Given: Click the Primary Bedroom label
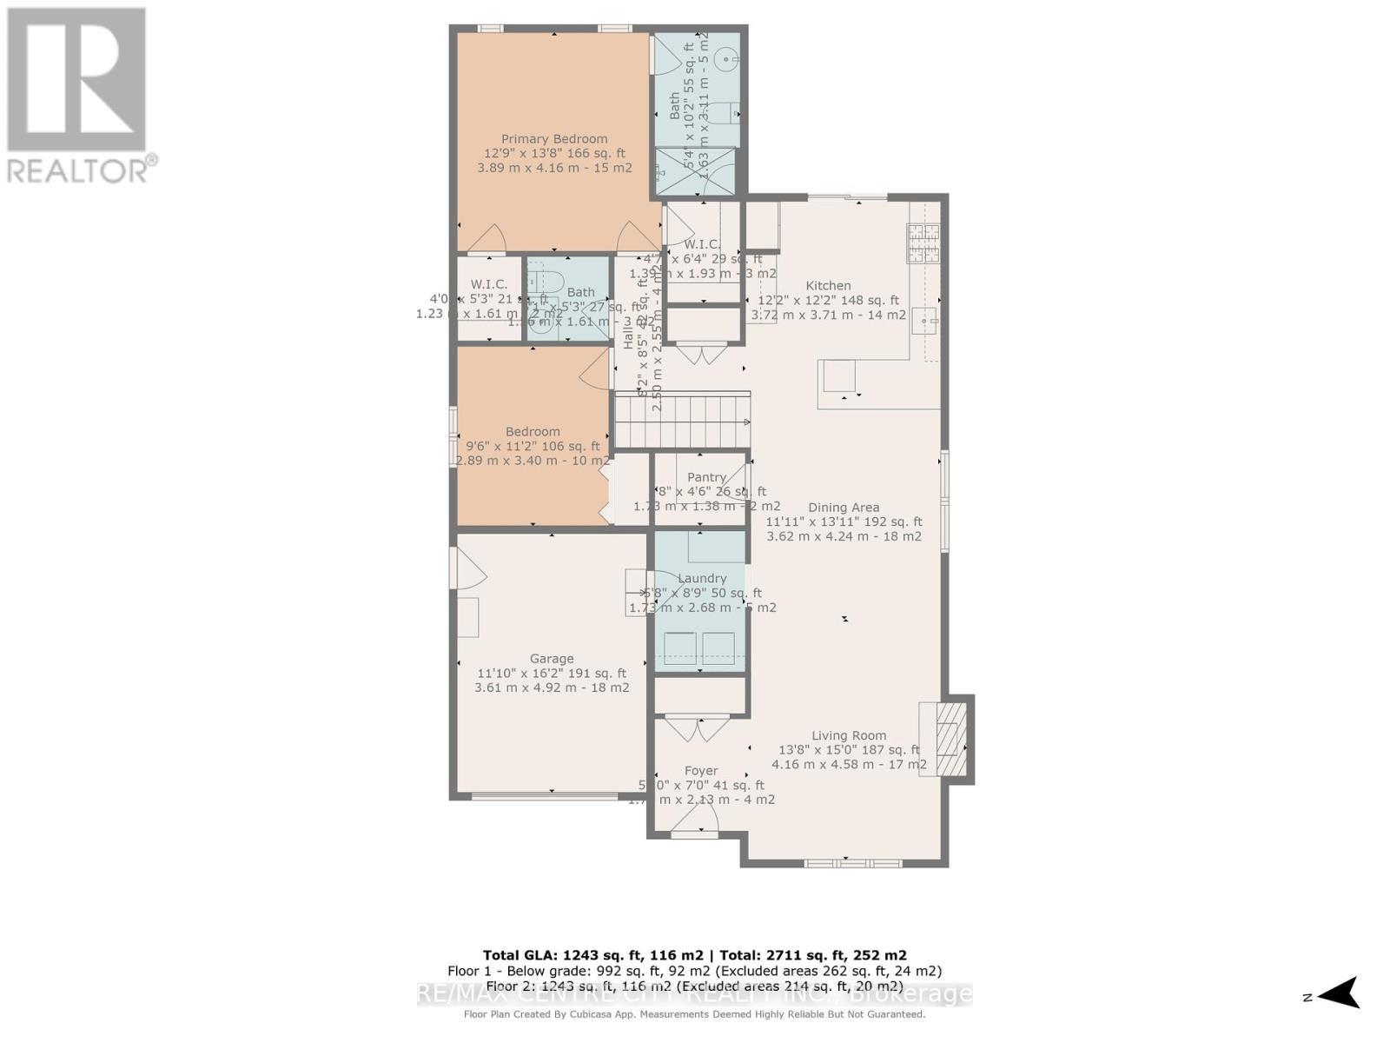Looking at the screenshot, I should pos(554,139).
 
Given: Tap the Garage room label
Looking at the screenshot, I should pos(552,659).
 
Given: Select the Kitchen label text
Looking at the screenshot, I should pos(828,286).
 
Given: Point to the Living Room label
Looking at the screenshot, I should pos(849,735).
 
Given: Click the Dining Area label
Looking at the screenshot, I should pos(844,508).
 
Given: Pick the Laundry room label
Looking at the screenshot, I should pos(702,579).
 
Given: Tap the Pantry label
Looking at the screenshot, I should pos(706,477).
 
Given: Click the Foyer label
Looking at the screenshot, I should pos(701,771).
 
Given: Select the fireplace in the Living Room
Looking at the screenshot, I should pos(947,739).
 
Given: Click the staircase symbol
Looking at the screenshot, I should pos(683,422).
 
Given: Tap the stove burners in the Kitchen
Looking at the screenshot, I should pos(923,243).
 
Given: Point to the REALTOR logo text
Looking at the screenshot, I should pos(83,169).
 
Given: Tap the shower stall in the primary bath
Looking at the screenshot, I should pos(695,170).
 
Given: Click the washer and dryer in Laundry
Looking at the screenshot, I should pos(700,648).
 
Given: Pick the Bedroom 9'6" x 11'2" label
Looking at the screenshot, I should pos(533,432).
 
